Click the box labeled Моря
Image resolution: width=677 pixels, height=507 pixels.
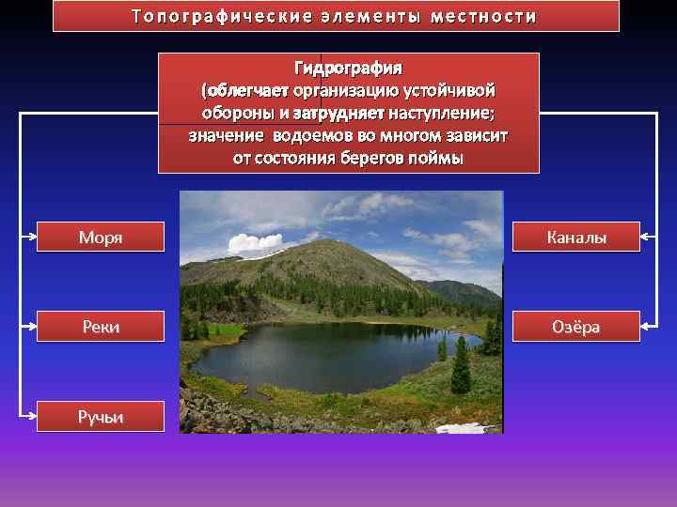(101, 238)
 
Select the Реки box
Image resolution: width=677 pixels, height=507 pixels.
(101, 326)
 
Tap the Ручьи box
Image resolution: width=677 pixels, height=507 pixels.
(101, 416)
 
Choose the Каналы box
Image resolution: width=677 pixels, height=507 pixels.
(576, 238)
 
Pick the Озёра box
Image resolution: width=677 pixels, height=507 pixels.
(576, 326)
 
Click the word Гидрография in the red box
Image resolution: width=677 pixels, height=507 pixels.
(348, 69)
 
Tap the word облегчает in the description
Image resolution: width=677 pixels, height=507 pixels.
(247, 92)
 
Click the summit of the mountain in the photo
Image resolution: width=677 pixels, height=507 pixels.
(324, 241)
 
